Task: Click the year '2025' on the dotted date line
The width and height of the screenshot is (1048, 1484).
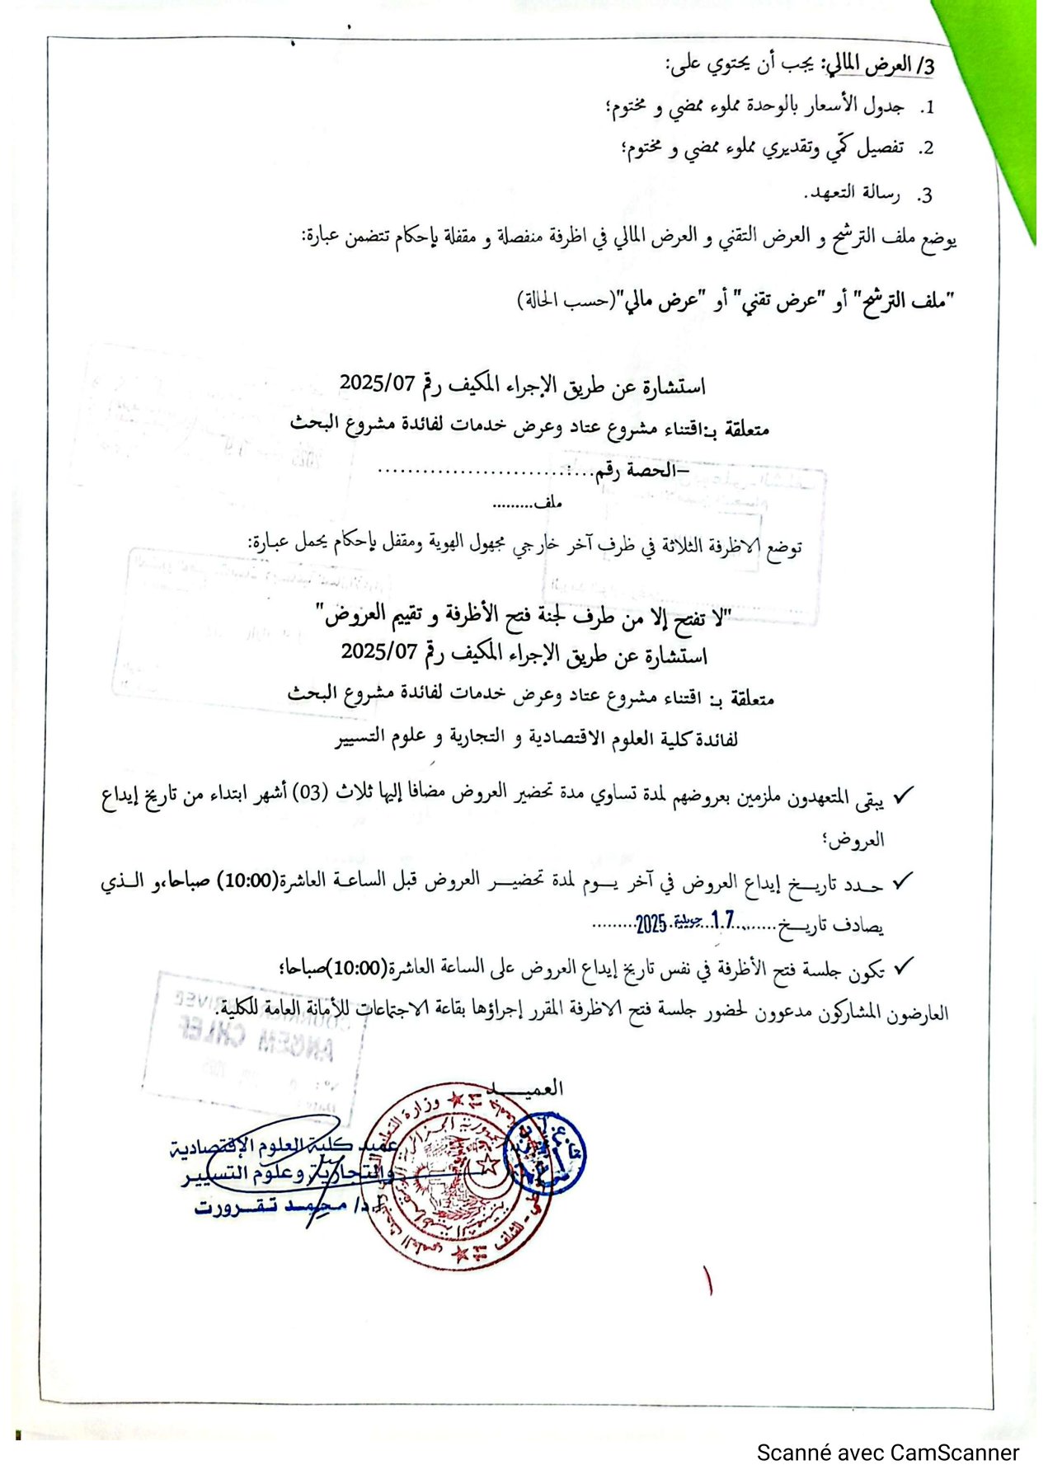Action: pos(651,923)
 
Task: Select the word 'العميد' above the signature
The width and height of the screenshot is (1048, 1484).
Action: pos(532,1087)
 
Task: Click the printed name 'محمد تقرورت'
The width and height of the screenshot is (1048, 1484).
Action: pos(268,1207)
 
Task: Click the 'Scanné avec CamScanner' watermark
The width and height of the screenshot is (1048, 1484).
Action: pos(887,1452)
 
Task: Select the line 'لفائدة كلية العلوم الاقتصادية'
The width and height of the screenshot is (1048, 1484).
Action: pos(536,739)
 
